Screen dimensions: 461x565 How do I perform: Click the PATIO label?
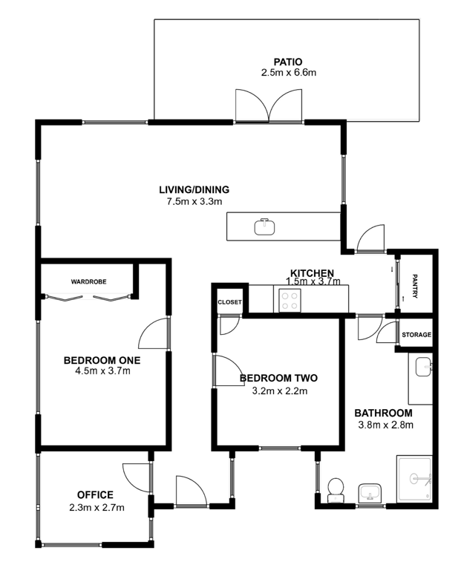point(288,62)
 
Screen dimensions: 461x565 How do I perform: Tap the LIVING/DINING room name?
point(194,189)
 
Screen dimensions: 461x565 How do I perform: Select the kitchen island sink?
point(265,226)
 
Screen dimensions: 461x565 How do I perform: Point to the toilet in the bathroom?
point(336,490)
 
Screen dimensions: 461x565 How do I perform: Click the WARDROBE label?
point(88,282)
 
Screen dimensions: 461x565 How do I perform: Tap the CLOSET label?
point(230,302)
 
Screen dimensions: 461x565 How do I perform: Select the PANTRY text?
point(414,286)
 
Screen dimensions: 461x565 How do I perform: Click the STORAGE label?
point(416,335)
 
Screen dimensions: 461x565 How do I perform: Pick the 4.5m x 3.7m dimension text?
point(102,370)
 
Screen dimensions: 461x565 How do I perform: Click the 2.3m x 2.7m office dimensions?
point(97,508)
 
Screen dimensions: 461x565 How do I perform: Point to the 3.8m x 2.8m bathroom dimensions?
point(385,425)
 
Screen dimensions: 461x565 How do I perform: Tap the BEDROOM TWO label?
point(279,378)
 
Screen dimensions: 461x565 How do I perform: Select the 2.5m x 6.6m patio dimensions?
point(289,73)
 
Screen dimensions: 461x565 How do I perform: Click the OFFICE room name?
point(95,494)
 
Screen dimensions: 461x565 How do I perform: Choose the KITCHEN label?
point(313,272)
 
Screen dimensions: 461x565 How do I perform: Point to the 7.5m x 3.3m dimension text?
point(194,201)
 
